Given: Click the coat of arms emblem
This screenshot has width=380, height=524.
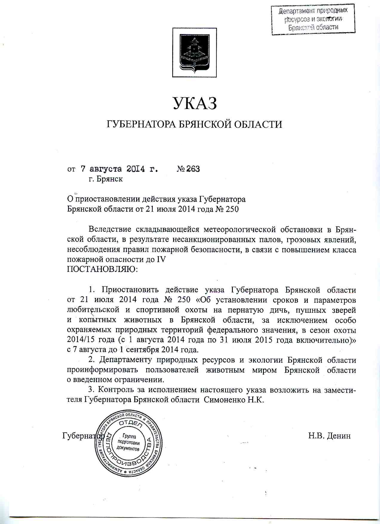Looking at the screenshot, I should pyautogui.click(x=194, y=53).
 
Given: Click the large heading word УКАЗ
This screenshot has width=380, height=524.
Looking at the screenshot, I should pyautogui.click(x=194, y=103).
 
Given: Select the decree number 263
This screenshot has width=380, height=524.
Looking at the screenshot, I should pyautogui.click(x=193, y=169).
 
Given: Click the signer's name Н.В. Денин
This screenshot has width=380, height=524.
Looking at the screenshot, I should pyautogui.click(x=329, y=436).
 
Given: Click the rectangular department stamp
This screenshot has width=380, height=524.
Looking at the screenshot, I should pyautogui.click(x=313, y=19).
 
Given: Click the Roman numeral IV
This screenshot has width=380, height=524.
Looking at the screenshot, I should pyautogui.click(x=161, y=259).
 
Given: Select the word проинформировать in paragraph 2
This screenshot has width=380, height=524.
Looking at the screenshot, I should pyautogui.click(x=102, y=370).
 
